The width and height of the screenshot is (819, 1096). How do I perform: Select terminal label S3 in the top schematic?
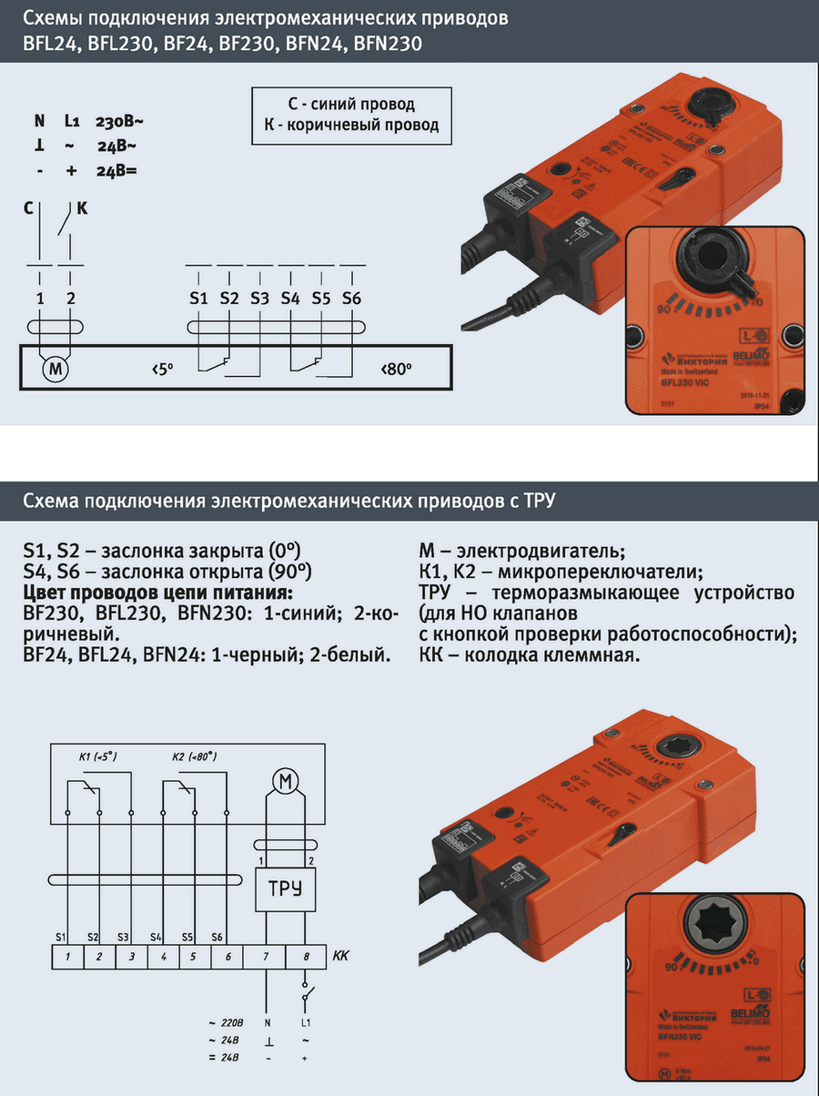click(259, 299)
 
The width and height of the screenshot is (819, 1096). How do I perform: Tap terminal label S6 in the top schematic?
click(352, 299)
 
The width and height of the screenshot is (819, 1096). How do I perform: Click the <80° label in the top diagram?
click(397, 370)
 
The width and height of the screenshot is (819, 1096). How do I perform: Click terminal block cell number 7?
click(266, 957)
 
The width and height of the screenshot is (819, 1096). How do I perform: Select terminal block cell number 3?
click(132, 957)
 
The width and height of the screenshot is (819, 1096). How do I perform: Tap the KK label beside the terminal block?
click(341, 956)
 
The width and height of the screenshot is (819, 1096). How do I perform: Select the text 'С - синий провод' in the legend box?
click(351, 105)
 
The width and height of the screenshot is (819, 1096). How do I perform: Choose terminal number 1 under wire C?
click(40, 299)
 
